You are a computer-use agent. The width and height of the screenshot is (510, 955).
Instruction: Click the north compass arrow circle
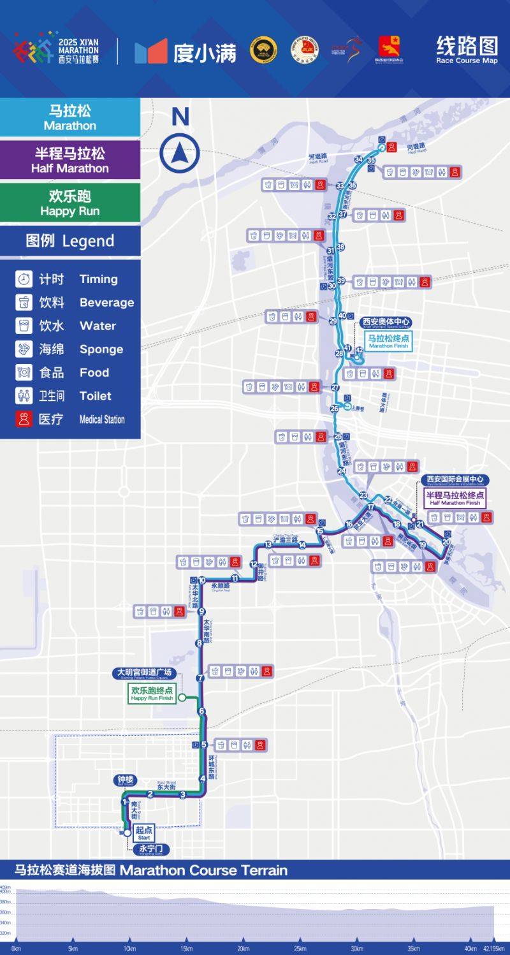tap(180, 154)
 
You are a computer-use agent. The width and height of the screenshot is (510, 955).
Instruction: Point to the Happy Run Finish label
tap(152, 694)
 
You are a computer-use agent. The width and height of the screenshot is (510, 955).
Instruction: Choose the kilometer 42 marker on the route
tap(359, 350)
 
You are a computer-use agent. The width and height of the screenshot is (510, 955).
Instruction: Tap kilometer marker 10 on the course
tap(202, 580)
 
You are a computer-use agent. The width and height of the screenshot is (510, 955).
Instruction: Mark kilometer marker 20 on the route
tap(446, 543)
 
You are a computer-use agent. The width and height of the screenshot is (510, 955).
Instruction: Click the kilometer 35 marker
tap(371, 161)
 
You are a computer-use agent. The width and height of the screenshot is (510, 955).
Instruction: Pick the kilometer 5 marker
tap(204, 745)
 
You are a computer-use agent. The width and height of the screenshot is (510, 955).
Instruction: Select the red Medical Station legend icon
tap(24, 419)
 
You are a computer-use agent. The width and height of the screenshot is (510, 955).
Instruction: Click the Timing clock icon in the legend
tap(24, 279)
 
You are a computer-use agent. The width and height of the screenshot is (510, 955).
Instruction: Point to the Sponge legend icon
tap(24, 349)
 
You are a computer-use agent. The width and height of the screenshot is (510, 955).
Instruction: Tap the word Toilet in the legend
tap(96, 396)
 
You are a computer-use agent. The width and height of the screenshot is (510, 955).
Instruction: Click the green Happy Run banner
tap(70, 203)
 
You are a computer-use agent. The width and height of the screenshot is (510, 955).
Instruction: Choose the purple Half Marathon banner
tap(70, 160)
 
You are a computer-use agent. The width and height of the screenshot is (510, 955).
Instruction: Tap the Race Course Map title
tap(467, 50)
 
